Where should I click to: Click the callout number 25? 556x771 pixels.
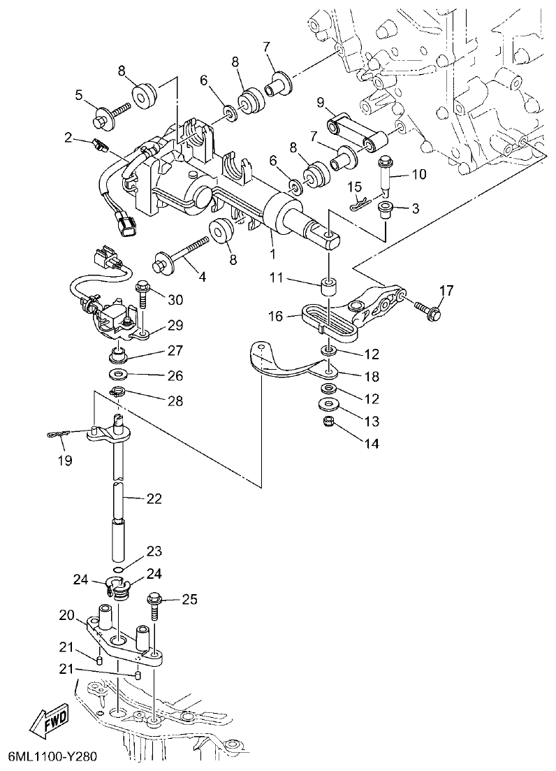(190, 599)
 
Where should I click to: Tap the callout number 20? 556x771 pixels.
(67, 615)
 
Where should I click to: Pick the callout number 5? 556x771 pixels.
(79, 94)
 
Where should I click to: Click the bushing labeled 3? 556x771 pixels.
(383, 209)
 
